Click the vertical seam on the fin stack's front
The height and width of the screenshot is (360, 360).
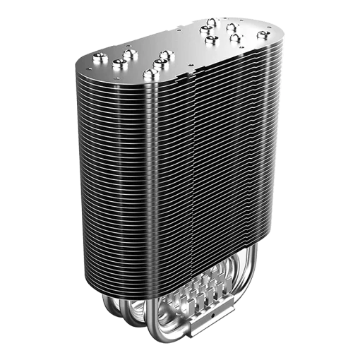point(195,176)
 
